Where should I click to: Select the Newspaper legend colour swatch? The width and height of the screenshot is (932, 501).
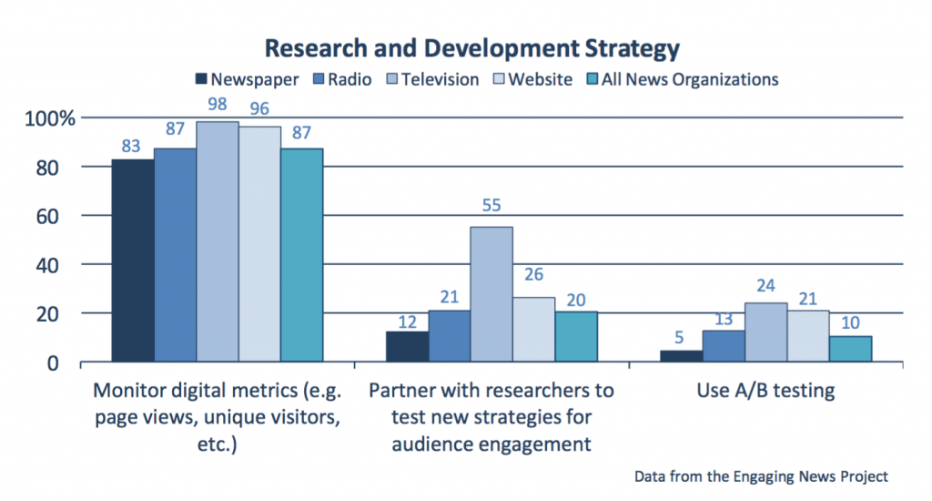[201, 79]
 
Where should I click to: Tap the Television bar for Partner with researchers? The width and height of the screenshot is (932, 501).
[491, 294]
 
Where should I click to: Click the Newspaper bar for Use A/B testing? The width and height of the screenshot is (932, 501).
[681, 356]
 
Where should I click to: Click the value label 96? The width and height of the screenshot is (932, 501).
[259, 108]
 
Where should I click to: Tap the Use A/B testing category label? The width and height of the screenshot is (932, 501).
[766, 392]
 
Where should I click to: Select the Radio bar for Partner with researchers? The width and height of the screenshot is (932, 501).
[450, 336]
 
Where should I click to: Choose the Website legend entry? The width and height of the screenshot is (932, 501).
[540, 79]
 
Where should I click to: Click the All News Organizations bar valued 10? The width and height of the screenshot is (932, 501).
[851, 349]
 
